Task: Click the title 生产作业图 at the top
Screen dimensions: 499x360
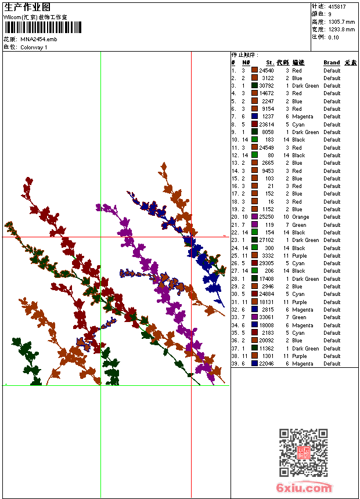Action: pyautogui.click(x=27, y=8)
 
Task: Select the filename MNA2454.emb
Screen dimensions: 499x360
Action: pyautogui.click(x=38, y=39)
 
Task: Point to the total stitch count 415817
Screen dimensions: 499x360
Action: pyautogui.click(x=337, y=7)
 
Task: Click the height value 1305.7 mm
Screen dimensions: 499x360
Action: pyautogui.click(x=341, y=21)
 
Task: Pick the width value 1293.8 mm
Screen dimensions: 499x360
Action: pyautogui.click(x=341, y=29)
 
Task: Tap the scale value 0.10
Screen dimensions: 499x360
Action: pyautogui.click(x=333, y=37)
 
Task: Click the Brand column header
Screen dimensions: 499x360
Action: pyautogui.click(x=332, y=63)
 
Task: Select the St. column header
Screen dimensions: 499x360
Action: pyautogui.click(x=270, y=63)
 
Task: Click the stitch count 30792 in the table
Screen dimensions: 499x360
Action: pyautogui.click(x=267, y=86)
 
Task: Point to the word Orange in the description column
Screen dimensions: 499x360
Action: pyautogui.click(x=300, y=217)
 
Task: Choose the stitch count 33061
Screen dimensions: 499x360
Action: pyautogui.click(x=267, y=317)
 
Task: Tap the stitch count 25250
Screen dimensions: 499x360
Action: pyautogui.click(x=267, y=217)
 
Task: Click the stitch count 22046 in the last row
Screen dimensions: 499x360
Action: pyautogui.click(x=267, y=364)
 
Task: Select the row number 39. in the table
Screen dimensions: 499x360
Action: pyautogui.click(x=235, y=364)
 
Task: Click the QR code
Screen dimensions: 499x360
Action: pyautogui.click(x=304, y=453)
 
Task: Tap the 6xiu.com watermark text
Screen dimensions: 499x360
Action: pyautogui.click(x=304, y=488)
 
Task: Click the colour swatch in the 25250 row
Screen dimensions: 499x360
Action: pyautogui.click(x=254, y=217)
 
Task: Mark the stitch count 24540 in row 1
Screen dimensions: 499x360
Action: pyautogui.click(x=267, y=70)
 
